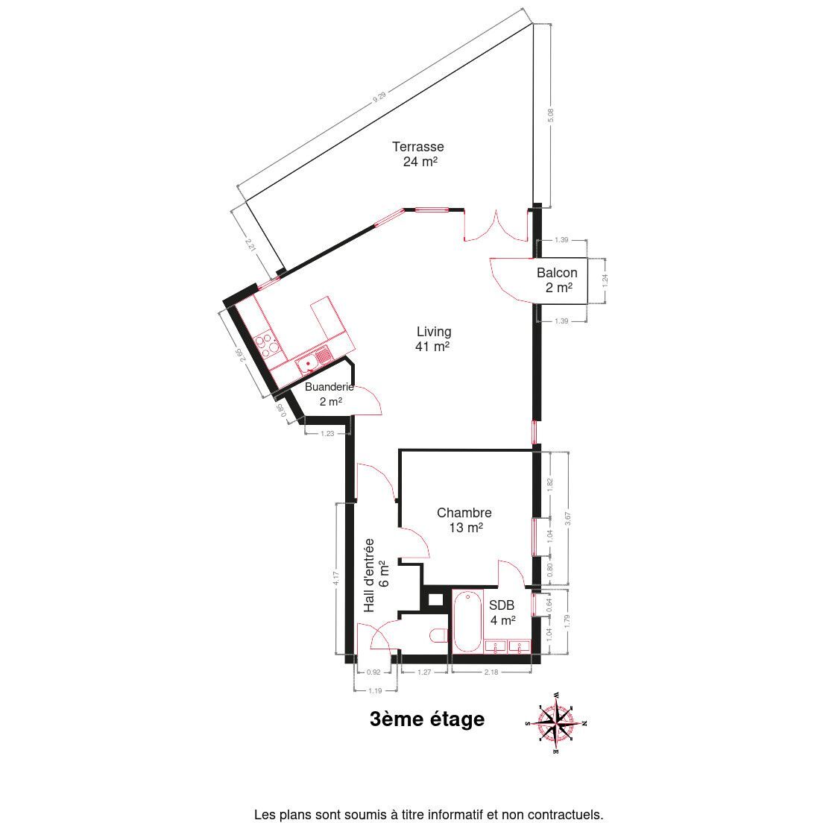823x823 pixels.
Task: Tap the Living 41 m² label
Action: pyautogui.click(x=433, y=339)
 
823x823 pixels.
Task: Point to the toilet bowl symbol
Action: pyautogui.click(x=438, y=636)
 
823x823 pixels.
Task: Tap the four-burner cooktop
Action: pyautogui.click(x=267, y=343)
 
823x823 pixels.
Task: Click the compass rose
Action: pyautogui.click(x=555, y=723)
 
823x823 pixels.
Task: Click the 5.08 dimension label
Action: pyautogui.click(x=551, y=116)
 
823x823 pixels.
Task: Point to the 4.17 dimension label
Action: pyautogui.click(x=336, y=579)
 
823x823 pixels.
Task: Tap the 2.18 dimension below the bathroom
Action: pyautogui.click(x=491, y=672)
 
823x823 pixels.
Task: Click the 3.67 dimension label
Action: pyautogui.click(x=568, y=518)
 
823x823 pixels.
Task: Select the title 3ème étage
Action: pyautogui.click(x=427, y=719)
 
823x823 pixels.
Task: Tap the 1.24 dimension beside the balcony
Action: pyautogui.click(x=605, y=280)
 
